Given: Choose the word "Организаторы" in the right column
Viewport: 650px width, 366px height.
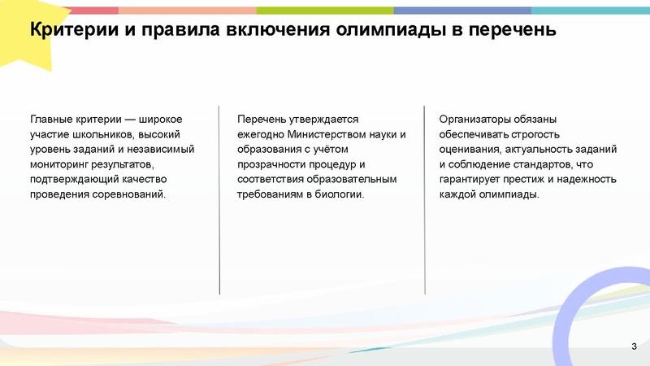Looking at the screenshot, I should tap(475, 119).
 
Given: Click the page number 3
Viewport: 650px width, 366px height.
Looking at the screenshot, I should tap(633, 348).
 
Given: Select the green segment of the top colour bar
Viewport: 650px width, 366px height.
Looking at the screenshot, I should tap(324, 11).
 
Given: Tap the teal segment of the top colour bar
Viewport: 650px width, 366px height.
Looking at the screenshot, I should tap(590, 11).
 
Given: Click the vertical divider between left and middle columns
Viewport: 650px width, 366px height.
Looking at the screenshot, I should tap(219, 199).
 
